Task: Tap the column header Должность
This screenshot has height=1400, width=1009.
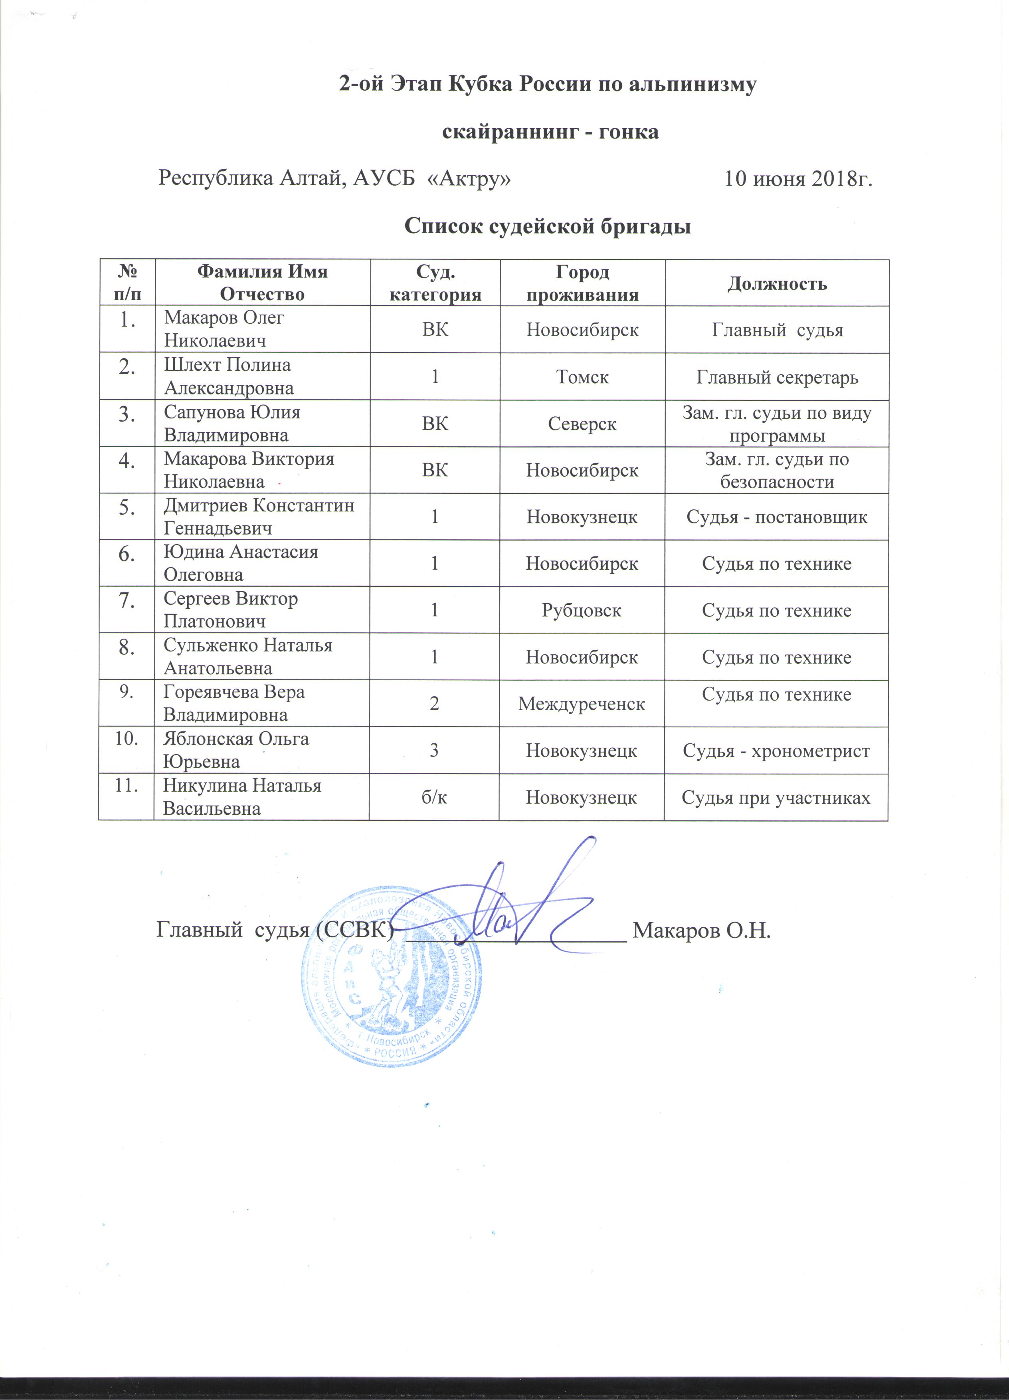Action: (777, 283)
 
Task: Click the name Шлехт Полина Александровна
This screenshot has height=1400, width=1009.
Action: (228, 376)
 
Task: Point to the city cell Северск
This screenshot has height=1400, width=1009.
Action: (582, 424)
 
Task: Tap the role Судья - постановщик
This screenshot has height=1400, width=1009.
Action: (777, 517)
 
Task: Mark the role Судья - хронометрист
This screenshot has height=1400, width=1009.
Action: (776, 750)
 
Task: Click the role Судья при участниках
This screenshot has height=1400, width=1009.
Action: (776, 798)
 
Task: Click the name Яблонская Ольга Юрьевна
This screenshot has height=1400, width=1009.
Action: (236, 750)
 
